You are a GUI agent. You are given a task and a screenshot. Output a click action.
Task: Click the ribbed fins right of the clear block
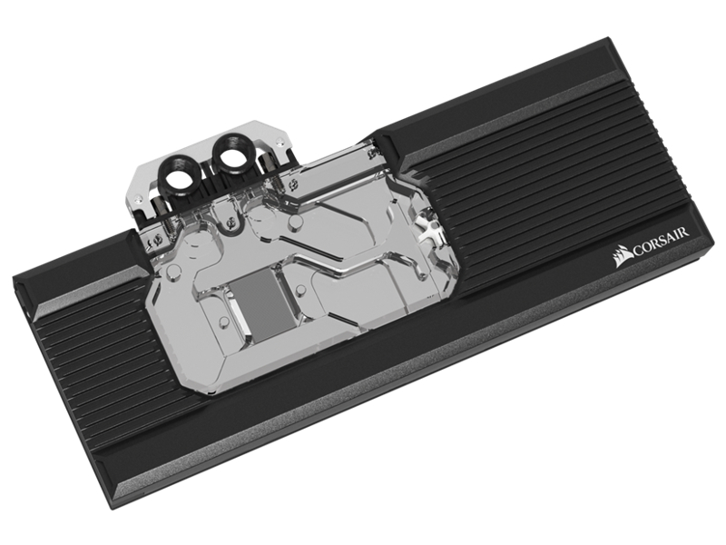tap(544, 200)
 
